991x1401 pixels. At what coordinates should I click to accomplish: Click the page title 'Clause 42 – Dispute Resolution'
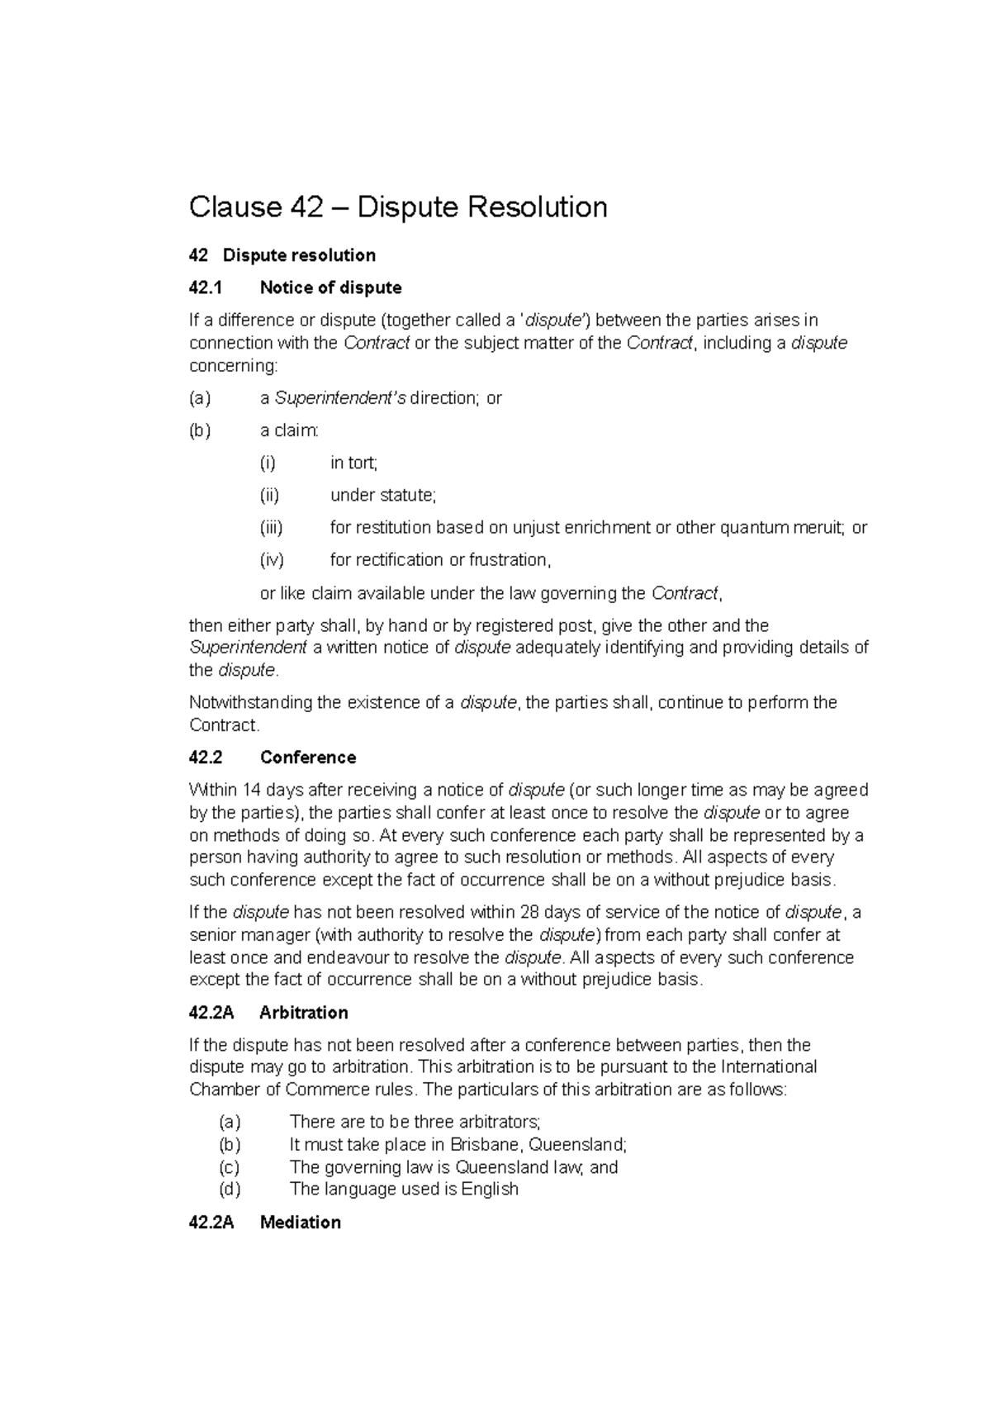coord(398,207)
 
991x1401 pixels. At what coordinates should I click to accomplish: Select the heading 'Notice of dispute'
coord(330,287)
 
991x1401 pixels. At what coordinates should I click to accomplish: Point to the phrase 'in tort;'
coord(353,463)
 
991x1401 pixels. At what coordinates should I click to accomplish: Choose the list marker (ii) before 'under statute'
coord(270,495)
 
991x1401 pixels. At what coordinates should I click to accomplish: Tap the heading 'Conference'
coord(308,757)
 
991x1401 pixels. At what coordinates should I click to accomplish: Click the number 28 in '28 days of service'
coord(529,913)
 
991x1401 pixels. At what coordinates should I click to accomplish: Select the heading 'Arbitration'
coord(303,1013)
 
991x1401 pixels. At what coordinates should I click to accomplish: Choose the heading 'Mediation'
coord(300,1223)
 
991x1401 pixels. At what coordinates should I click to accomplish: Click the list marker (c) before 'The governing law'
coord(230,1167)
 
